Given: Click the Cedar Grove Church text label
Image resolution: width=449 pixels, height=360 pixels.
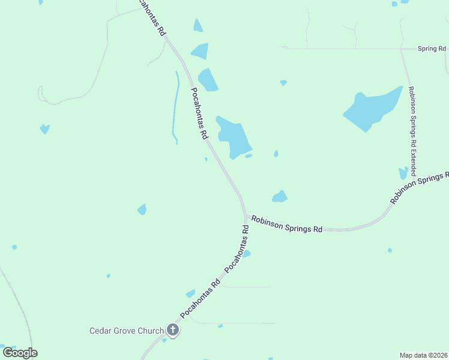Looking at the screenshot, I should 126,331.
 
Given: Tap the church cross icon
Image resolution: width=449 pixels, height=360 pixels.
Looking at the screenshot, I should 173,329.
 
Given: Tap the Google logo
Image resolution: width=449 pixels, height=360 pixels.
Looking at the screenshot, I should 20,353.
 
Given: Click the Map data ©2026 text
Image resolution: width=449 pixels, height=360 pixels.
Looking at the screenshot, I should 424,355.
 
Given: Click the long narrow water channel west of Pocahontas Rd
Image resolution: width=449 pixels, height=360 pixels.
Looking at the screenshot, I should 175,108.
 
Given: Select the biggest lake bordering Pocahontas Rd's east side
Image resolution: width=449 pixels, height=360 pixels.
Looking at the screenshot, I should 235,137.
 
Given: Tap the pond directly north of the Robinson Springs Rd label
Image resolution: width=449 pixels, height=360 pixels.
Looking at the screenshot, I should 280,196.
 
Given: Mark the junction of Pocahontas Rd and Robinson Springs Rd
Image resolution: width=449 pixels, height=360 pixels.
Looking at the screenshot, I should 246,216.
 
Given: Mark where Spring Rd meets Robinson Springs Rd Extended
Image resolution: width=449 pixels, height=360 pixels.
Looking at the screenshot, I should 402,49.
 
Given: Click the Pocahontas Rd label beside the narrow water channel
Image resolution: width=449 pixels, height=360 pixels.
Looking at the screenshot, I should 199,115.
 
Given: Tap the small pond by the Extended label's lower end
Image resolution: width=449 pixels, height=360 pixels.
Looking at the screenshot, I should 403,173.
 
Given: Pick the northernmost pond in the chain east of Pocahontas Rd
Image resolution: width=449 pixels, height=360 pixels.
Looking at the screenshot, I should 197,25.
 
